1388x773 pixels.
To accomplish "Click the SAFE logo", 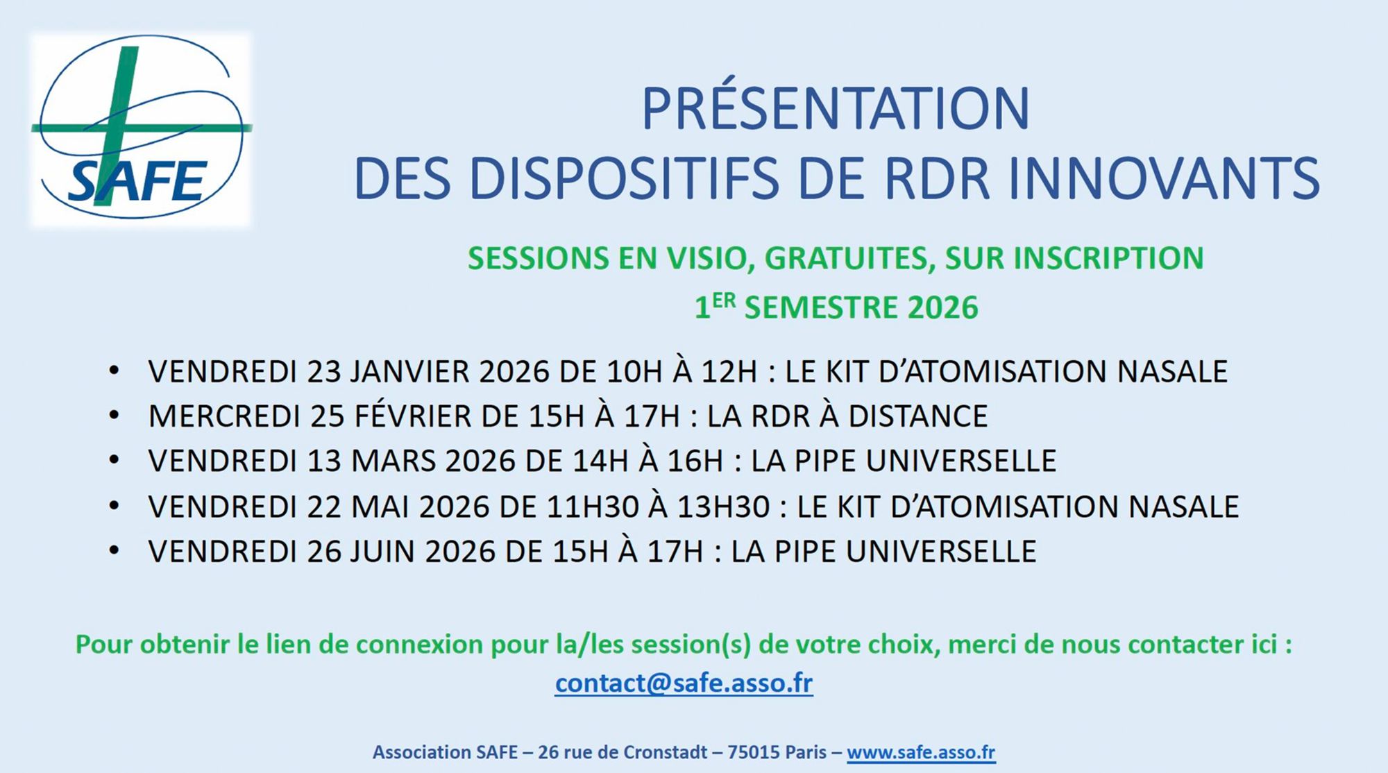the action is pos(141,130).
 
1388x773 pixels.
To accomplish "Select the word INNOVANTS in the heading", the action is pos(1164,179).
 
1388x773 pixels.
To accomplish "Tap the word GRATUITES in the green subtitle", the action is pos(845,259).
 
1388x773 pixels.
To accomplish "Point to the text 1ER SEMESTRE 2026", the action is pos(836,307).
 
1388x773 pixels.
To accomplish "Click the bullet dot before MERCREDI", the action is pos(115,415).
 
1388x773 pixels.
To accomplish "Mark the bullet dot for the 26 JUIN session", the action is pos(115,550).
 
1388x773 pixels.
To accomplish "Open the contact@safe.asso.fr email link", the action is pos(684,683).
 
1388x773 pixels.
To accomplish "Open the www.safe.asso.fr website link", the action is pos(921,752).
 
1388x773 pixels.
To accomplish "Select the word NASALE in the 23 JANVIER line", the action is pos(1172,371).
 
